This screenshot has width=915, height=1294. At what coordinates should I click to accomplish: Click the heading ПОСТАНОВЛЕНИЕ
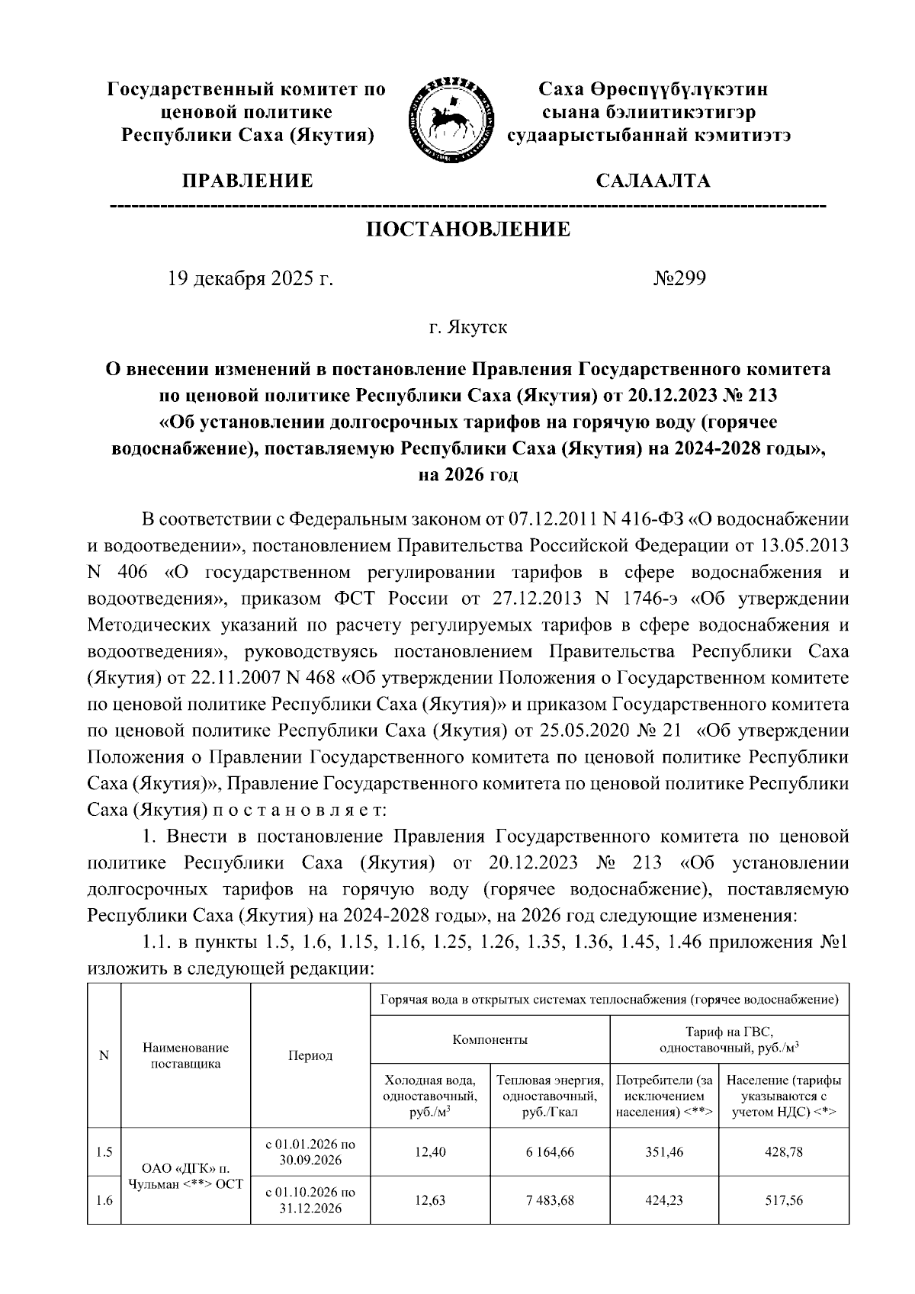point(468,230)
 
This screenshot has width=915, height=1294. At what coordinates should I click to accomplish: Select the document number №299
point(679,278)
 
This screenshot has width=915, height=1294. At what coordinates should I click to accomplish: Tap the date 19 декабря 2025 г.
point(250,278)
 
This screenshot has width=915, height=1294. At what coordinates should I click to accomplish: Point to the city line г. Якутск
point(467,328)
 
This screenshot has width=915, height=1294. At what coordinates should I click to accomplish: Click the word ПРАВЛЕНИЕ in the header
point(247,181)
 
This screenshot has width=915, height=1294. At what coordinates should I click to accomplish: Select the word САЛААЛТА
point(653,181)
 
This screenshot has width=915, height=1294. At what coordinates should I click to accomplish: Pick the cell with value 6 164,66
point(549,1153)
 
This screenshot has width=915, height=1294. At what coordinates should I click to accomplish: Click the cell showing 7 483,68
point(549,1199)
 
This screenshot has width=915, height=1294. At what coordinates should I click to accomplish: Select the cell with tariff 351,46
point(664,1153)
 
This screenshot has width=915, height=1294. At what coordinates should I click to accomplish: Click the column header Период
point(310,1055)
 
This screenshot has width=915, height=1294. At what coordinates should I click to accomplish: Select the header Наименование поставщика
point(186,1055)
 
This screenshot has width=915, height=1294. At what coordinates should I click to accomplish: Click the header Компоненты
point(490,1039)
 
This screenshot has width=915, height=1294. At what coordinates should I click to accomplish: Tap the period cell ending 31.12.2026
point(310,1199)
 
